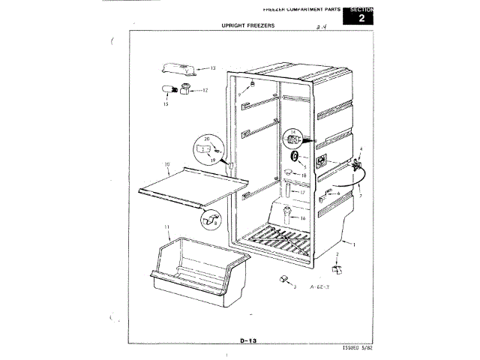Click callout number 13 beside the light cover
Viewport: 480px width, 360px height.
coord(212,68)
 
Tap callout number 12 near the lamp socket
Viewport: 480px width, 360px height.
coord(205,91)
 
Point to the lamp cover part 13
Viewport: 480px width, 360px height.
coord(177,70)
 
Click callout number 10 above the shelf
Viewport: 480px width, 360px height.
coord(167,163)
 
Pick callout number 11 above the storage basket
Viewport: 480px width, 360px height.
coord(166,226)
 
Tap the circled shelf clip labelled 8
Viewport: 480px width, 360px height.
coord(210,220)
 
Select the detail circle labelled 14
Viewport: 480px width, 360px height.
coord(294,139)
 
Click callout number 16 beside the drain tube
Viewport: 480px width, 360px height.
coord(303,218)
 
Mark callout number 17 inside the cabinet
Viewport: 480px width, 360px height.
coord(303,192)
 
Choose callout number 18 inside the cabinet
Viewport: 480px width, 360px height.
coord(303,175)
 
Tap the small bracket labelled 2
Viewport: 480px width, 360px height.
coord(337,268)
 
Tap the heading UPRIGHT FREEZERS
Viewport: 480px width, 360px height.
coord(248,25)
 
